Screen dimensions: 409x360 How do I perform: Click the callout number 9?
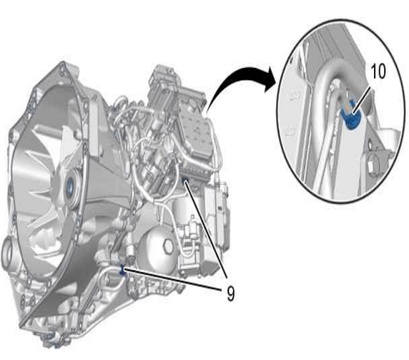[x=230, y=294]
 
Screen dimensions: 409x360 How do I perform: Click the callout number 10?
[x=378, y=72]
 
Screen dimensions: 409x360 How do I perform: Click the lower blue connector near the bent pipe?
[x=122, y=271]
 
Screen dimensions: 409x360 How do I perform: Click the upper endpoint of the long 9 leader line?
[x=185, y=180]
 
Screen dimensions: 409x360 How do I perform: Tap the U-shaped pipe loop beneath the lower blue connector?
[x=111, y=280]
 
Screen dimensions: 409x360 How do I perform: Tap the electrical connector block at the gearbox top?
[x=163, y=78]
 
